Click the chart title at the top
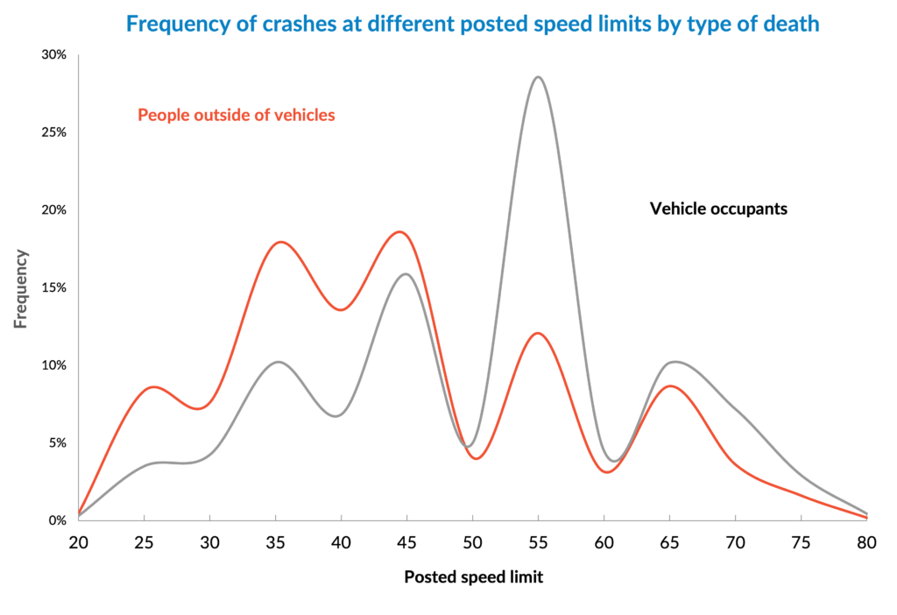[472, 24]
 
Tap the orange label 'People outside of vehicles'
[237, 115]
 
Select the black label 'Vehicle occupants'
[718, 209]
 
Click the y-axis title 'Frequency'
[21, 289]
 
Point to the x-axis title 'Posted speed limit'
[473, 577]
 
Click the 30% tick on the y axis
[54, 55]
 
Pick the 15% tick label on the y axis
[54, 287]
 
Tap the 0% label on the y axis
[58, 520]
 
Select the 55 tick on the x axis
[538, 543]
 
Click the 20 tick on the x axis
[79, 543]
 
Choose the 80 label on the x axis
[866, 543]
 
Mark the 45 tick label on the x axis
[406, 543]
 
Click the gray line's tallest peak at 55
[538, 77]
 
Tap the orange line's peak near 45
[399, 232]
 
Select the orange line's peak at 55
[538, 333]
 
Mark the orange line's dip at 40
[341, 309]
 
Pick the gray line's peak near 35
[277, 361]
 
